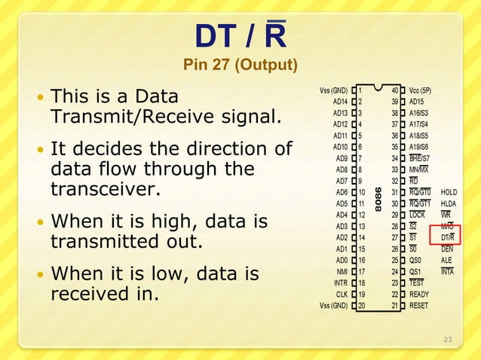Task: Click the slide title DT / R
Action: (240, 35)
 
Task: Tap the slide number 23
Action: (447, 340)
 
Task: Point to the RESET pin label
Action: (419, 306)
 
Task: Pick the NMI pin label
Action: (342, 271)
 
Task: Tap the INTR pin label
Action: (340, 283)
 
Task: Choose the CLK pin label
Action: (342, 294)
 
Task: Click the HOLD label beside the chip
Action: (449, 192)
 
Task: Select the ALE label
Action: (447, 260)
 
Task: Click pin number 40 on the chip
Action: (394, 90)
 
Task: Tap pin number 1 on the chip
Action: (361, 90)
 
